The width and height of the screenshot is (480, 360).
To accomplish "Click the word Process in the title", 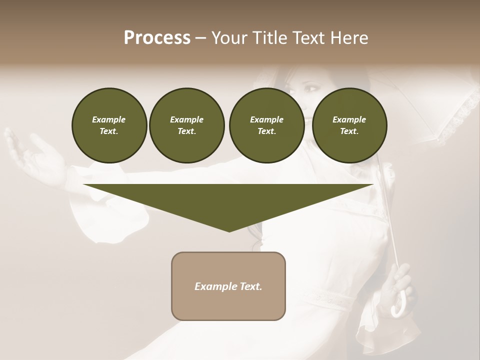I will [157, 38].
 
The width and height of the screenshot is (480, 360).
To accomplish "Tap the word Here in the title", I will [348, 38].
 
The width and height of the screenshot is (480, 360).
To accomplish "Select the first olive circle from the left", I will [109, 125].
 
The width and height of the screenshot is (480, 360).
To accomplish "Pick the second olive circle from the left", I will [186, 125].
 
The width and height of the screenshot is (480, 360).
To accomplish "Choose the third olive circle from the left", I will [266, 125].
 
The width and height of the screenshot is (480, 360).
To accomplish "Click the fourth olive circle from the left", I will [349, 125].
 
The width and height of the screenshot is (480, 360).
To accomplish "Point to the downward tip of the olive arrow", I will [229, 229].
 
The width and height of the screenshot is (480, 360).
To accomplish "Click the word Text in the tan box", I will [250, 286].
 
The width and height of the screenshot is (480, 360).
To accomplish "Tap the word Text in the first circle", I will [109, 131].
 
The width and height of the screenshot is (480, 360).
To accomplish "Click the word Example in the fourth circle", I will [349, 119].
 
